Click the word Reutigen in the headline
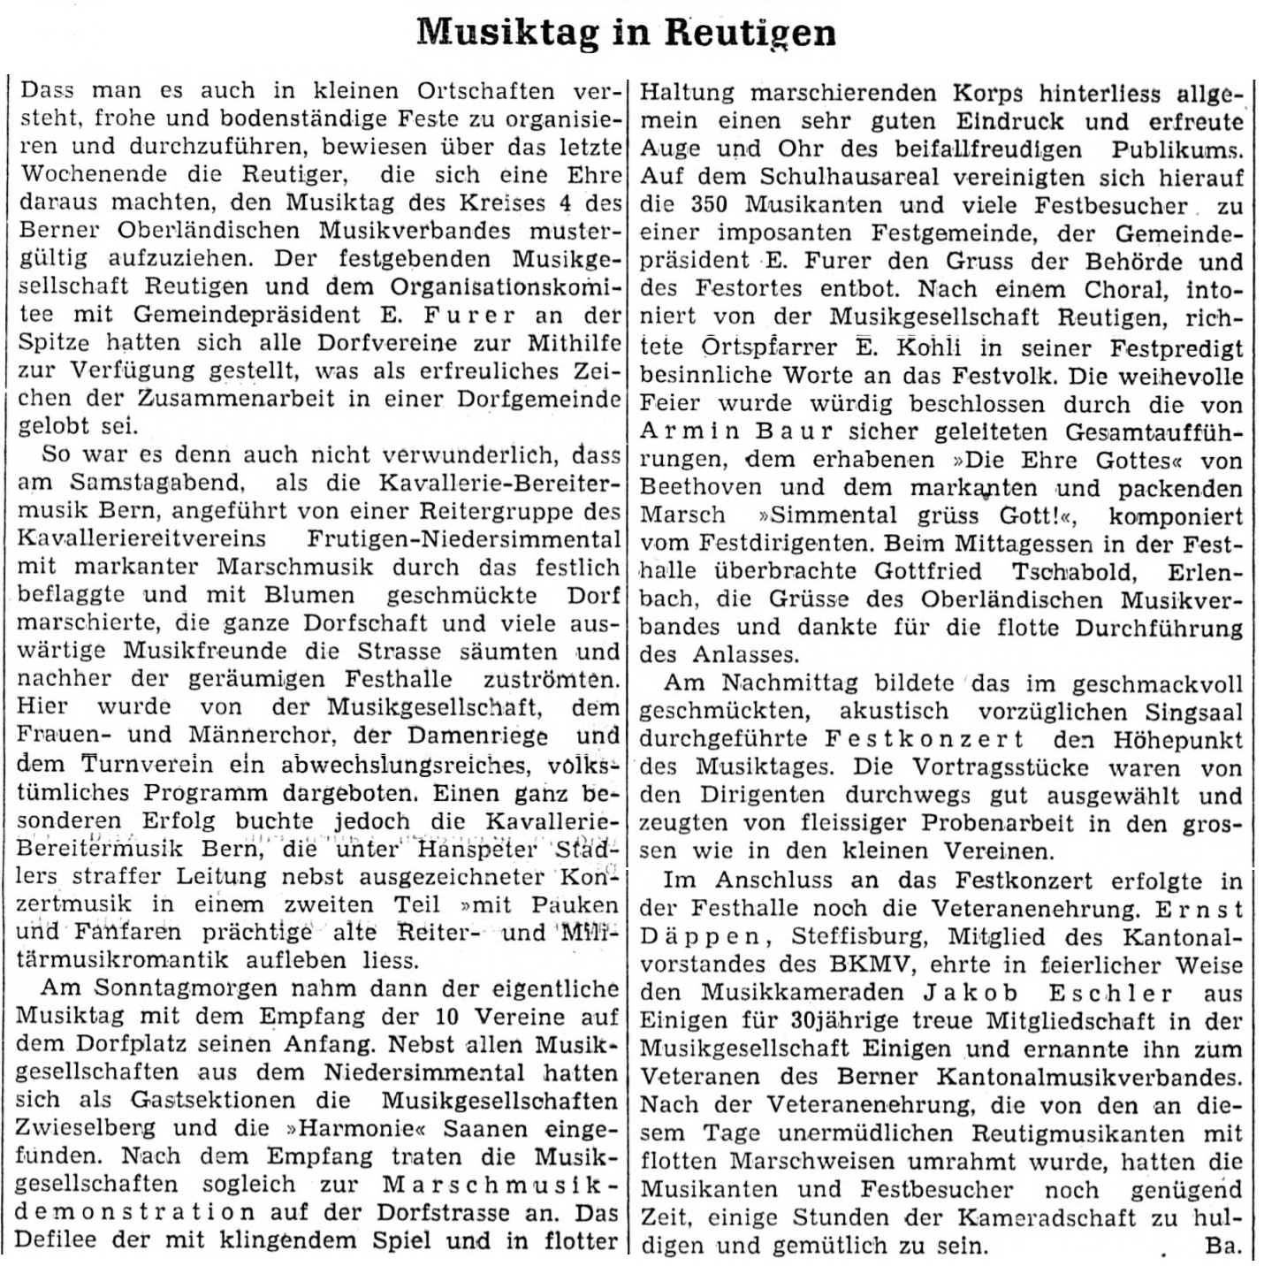[750, 33]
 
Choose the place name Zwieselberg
[86, 1128]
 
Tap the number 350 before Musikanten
[704, 204]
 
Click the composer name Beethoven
[699, 488]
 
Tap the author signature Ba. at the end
[1223, 1246]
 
